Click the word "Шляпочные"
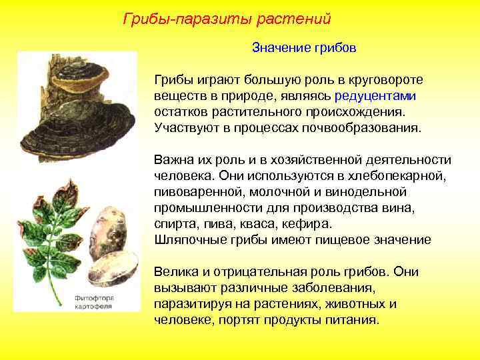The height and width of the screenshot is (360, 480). [186, 239]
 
